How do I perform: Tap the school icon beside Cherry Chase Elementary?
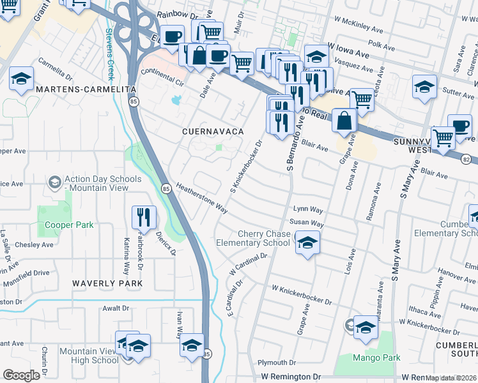click(x=307, y=243)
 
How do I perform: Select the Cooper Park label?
click(x=69, y=225)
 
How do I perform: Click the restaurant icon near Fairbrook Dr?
click(x=144, y=218)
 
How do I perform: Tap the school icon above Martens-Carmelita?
click(x=22, y=79)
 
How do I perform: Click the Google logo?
click(x=22, y=375)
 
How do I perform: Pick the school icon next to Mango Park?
click(x=366, y=327)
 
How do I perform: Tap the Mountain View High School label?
click(x=89, y=356)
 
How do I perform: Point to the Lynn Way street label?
click(x=308, y=209)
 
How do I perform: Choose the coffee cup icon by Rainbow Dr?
click(x=171, y=37)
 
